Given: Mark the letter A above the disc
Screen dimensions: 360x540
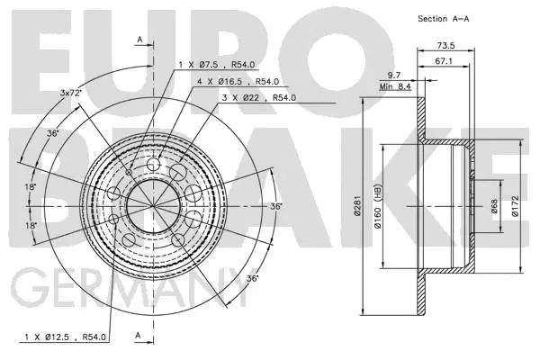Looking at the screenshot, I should click(139, 38).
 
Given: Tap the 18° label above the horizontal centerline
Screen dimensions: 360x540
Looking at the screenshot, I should click(31, 187).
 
